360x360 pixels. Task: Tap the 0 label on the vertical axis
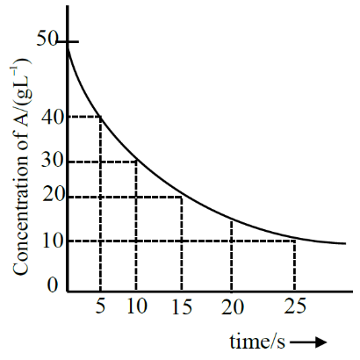click(x=53, y=284)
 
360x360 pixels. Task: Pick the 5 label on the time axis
click(x=100, y=308)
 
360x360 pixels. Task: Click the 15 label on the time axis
click(x=182, y=308)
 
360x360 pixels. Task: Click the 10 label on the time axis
click(x=136, y=308)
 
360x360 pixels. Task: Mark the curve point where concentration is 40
click(x=101, y=116)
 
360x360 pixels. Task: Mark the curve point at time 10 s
click(x=137, y=161)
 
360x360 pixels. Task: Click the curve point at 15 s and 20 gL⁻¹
click(x=182, y=197)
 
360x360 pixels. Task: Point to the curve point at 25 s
click(x=294, y=239)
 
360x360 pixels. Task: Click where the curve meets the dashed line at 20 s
click(x=231, y=220)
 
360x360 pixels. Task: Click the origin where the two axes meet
click(x=68, y=294)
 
